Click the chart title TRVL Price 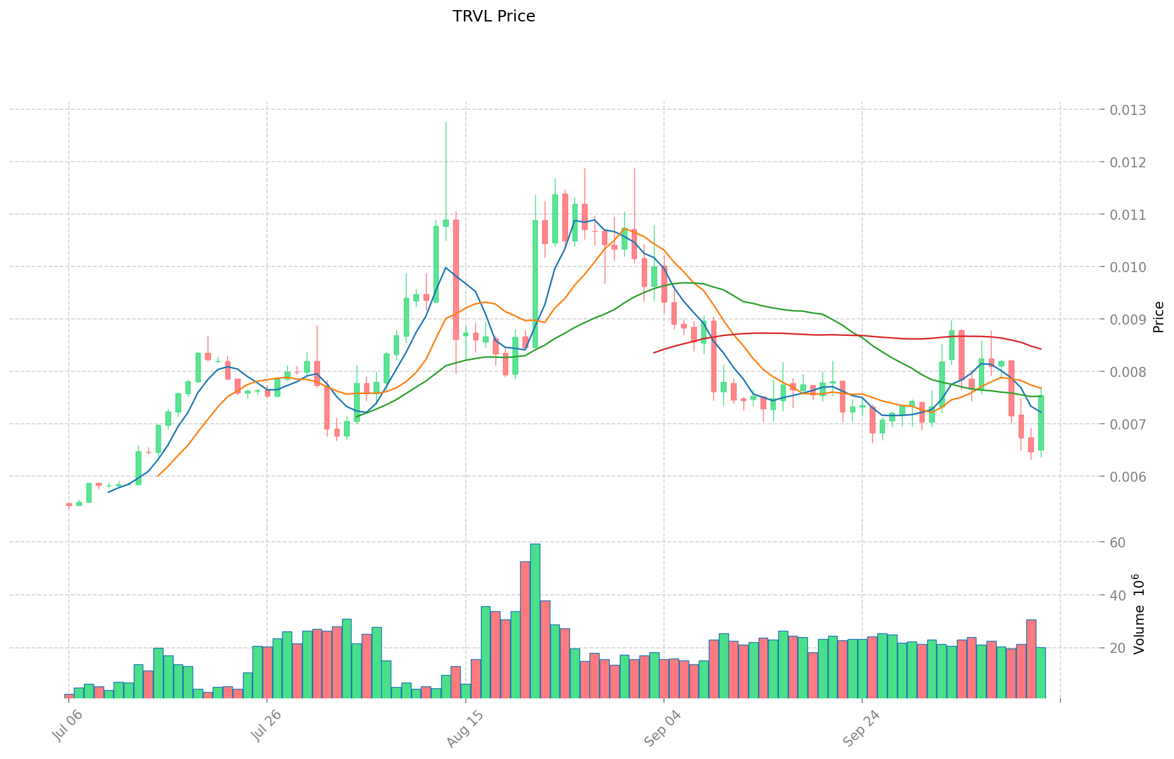tap(494, 16)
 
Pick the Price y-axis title tap(1158, 317)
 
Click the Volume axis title tap(1140, 614)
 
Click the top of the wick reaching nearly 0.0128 tap(446, 123)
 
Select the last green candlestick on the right tap(1041, 422)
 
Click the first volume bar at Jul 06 tap(69, 696)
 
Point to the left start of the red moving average tap(654, 352)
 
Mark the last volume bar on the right tap(1041, 672)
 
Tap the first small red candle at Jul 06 tap(69, 505)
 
